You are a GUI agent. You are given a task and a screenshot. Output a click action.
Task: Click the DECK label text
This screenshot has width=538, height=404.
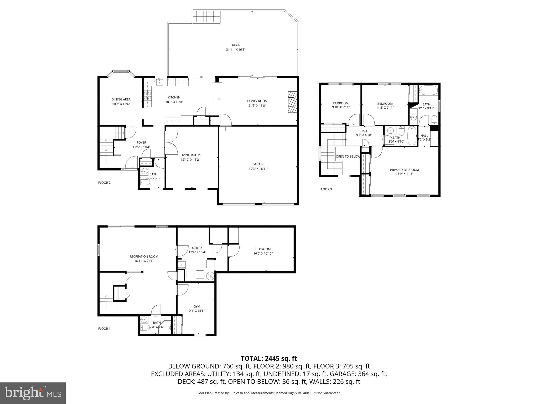click(236, 45)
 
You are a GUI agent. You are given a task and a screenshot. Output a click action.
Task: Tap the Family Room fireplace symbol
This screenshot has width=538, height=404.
click(292, 102)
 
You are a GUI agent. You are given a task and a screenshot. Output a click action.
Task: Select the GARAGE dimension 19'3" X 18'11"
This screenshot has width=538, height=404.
click(258, 169)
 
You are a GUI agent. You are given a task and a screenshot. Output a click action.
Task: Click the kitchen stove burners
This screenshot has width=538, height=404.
click(148, 96)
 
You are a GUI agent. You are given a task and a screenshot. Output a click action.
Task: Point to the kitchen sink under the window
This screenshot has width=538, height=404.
click(160, 82)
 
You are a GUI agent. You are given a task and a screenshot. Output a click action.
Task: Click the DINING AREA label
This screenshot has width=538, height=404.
click(121, 99)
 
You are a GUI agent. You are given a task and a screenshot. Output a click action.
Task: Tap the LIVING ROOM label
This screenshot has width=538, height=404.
click(190, 155)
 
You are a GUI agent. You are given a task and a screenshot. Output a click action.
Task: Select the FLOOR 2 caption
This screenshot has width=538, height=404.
click(104, 183)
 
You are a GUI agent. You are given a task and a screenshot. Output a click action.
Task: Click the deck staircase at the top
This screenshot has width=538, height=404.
click(206, 17)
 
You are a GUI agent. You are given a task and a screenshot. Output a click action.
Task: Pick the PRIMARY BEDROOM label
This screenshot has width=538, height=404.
click(404, 170)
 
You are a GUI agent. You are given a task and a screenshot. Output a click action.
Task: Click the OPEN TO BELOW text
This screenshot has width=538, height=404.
click(348, 156)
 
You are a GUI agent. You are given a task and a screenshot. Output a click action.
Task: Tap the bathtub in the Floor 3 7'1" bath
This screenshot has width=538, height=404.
click(428, 90)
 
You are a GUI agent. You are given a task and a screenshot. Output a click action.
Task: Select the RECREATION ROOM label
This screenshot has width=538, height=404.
click(144, 256)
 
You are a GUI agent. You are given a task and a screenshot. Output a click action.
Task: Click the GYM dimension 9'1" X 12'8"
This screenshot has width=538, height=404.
click(197, 311)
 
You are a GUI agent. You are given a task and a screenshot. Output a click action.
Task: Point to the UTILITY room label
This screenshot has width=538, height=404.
click(197, 248)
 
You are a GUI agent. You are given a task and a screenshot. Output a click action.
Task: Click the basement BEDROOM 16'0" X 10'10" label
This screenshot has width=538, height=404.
click(263, 249)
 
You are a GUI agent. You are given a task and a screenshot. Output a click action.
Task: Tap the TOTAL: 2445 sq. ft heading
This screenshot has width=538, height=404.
click(269, 358)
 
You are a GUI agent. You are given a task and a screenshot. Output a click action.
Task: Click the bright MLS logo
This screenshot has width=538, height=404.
click(33, 393)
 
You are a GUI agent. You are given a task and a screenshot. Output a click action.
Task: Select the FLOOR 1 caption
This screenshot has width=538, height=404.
click(104, 329)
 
